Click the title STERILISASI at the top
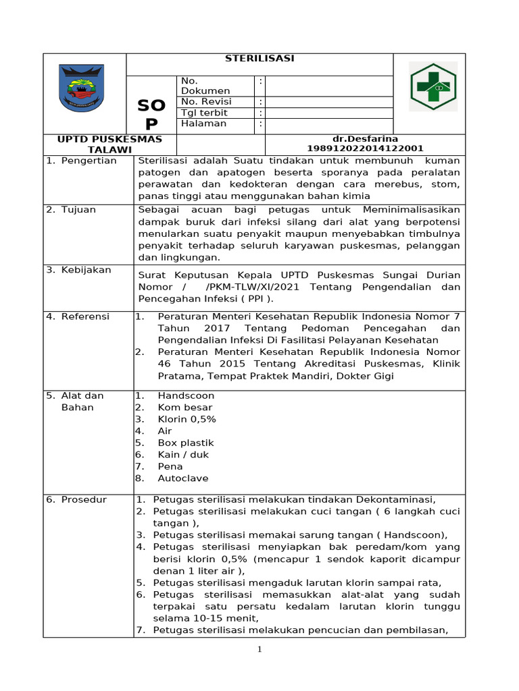click(x=259, y=59)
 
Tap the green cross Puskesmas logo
click(x=433, y=86)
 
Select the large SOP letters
click(x=151, y=115)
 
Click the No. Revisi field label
click(x=205, y=102)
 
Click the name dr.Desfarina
click(x=365, y=139)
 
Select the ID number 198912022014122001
click(x=365, y=148)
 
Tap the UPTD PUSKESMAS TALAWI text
click(x=109, y=144)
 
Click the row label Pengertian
click(x=89, y=161)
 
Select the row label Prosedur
click(x=84, y=500)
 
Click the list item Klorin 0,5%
click(x=187, y=419)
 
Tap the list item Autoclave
click(x=182, y=478)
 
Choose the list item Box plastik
click(x=185, y=443)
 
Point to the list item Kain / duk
click(x=183, y=455)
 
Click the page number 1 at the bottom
click(x=259, y=650)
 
